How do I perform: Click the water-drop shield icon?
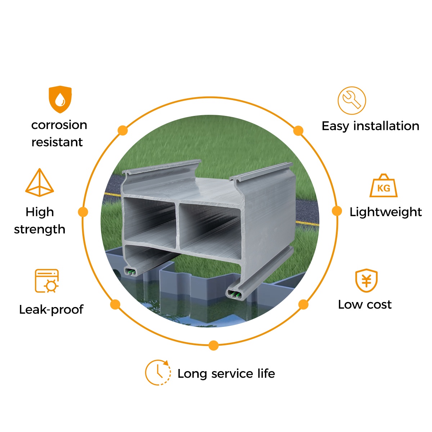60,99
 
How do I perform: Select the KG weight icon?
383,186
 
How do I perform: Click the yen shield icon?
366,281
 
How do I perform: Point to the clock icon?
158,372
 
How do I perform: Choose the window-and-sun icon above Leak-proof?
47,281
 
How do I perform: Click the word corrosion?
59,125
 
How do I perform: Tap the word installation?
386,126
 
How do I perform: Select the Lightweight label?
385,212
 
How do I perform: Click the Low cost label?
365,305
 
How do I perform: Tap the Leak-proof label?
51,310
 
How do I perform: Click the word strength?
40,229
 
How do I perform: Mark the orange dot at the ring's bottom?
213,346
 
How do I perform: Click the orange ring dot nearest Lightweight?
337,211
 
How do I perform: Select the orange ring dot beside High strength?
83,212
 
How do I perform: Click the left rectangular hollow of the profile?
149,220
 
